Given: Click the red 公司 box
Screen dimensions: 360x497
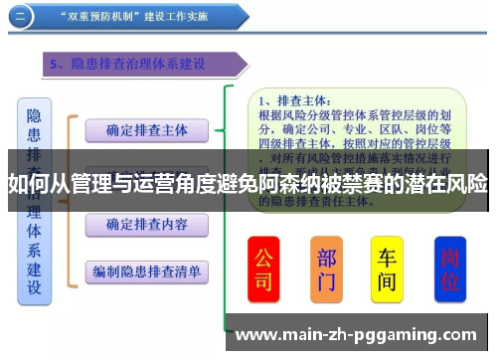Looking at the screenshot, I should click(x=263, y=269).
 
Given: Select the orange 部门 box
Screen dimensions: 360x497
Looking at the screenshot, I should click(x=326, y=269).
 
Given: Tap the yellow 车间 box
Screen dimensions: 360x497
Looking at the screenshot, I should click(x=387, y=269).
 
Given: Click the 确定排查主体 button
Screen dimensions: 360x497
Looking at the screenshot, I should click(x=147, y=129).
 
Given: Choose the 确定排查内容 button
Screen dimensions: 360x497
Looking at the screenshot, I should click(x=147, y=224).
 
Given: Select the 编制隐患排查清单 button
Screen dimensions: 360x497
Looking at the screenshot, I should click(x=147, y=270).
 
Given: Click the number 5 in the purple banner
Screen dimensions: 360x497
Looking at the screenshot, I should click(x=57, y=65).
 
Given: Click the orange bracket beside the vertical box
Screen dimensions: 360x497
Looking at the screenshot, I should click(x=70, y=199).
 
